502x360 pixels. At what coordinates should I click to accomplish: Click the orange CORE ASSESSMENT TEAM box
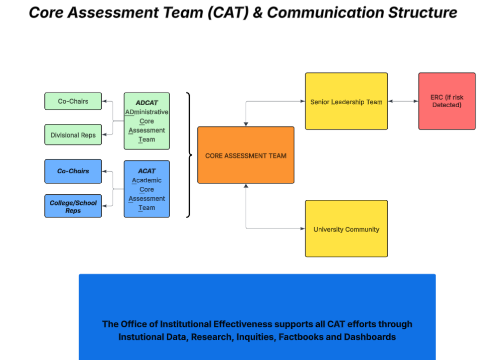246,155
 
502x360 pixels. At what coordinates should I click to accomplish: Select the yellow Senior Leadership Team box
346,101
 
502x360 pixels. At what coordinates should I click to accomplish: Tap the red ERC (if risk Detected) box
447,101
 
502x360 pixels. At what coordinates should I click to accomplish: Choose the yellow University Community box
346,229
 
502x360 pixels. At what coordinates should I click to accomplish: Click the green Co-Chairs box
73,101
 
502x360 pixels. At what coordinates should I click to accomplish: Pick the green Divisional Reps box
73,135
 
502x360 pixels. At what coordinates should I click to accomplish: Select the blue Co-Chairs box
73,171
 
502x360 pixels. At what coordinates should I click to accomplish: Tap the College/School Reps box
73,206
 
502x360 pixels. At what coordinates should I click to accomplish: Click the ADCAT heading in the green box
147,103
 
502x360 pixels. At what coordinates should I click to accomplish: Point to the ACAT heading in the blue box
147,171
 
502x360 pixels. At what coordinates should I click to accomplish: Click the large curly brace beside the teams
189,155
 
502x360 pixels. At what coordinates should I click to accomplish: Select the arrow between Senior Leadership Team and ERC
403,101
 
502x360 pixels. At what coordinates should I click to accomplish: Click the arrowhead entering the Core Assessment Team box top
246,124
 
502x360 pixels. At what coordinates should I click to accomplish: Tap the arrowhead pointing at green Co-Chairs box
104,101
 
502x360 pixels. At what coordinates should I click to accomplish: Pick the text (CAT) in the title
224,13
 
